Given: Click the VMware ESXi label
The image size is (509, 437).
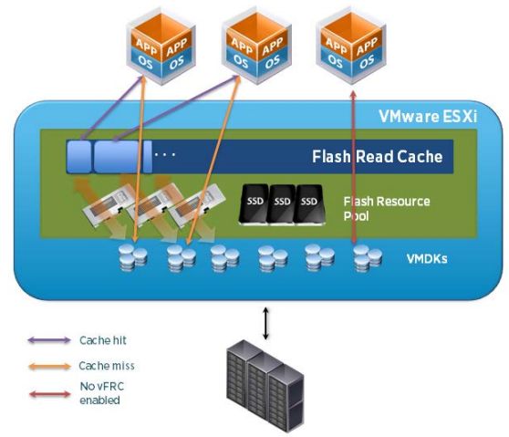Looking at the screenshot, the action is [x=428, y=117].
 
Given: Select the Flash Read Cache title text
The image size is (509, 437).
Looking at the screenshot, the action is [x=378, y=157].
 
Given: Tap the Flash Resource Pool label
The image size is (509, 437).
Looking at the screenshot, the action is [x=387, y=208].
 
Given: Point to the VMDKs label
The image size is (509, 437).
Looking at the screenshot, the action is [x=427, y=259].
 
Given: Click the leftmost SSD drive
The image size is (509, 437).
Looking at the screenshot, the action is [x=254, y=203].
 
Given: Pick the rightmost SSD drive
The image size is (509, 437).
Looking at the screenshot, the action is [x=309, y=204].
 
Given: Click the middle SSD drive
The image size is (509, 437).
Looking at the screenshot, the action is [x=282, y=204].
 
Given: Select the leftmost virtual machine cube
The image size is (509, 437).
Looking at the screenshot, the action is [x=161, y=47].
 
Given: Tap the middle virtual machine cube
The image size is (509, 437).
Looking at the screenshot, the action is [x=256, y=47].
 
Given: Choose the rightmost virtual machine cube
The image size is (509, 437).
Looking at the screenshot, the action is [x=351, y=47].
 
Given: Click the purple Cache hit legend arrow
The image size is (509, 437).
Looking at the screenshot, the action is [x=49, y=340].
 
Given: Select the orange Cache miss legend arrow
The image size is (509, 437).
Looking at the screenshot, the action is [x=49, y=367].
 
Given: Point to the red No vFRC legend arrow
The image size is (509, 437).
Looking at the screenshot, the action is [x=49, y=394].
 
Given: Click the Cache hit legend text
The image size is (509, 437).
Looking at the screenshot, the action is [x=103, y=340].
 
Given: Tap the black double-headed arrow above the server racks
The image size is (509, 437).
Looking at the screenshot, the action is [x=265, y=323].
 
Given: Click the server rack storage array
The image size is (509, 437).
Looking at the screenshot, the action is [x=265, y=386].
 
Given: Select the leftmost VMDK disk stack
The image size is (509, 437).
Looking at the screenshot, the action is [x=133, y=257].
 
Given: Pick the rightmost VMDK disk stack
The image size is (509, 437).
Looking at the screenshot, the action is [x=368, y=258].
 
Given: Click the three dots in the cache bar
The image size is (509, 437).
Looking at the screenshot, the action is [x=165, y=154].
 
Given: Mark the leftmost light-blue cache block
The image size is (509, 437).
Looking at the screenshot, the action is [x=78, y=157].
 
